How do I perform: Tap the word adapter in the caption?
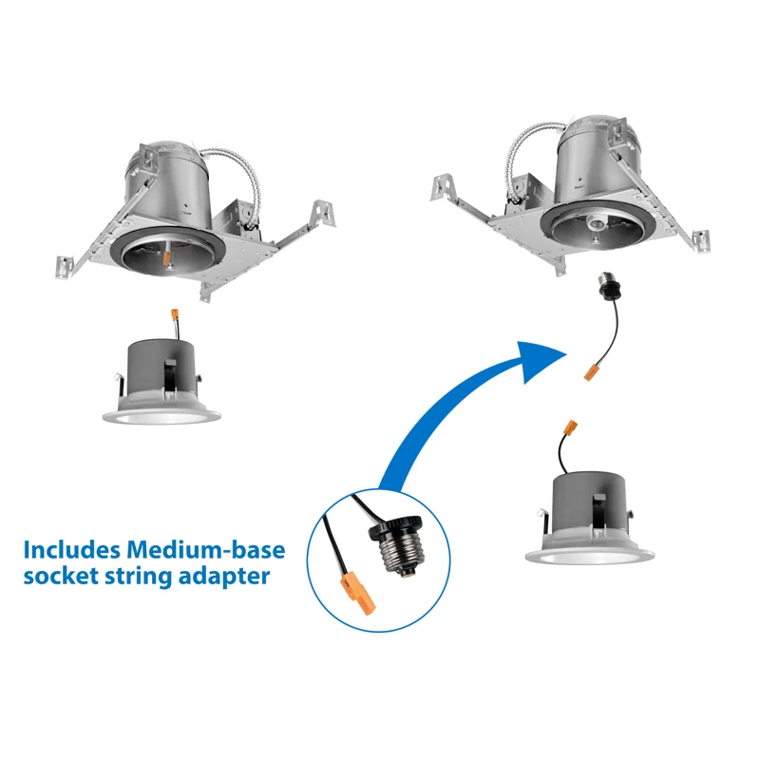point(221,577)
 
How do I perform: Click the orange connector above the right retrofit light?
point(571,429)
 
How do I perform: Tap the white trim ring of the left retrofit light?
point(161,414)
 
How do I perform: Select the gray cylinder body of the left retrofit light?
point(158,366)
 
